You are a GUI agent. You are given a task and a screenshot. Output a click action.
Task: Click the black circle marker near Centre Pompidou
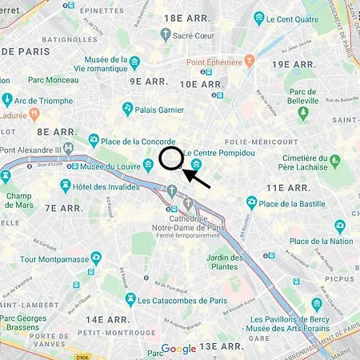[x=171, y=158]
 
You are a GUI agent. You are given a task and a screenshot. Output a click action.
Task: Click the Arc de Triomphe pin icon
[x=7, y=99]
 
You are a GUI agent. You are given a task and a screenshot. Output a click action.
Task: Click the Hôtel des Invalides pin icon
[x=66, y=185]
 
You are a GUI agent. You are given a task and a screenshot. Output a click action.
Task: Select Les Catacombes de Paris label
[x=183, y=300]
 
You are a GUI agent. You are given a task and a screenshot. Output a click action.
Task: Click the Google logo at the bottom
[x=178, y=349]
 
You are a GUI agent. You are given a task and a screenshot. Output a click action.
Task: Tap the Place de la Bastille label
[x=295, y=203]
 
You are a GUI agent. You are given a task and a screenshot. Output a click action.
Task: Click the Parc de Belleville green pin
[x=303, y=113]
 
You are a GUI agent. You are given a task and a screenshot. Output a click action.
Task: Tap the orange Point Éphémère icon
[x=250, y=59]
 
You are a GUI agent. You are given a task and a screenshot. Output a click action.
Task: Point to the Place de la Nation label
[x=321, y=241]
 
